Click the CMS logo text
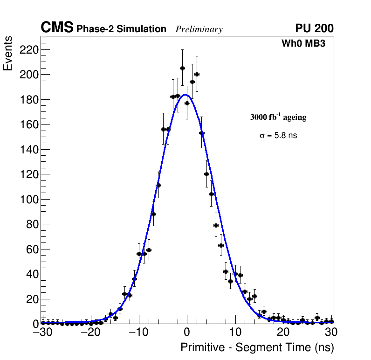(57, 28)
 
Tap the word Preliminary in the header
(199, 29)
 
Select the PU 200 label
(314, 28)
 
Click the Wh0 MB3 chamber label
(303, 44)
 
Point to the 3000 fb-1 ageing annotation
(278, 118)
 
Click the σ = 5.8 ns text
(278, 136)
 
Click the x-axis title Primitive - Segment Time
(257, 347)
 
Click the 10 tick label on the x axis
(235, 332)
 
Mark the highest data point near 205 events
(182, 68)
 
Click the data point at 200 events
(197, 74)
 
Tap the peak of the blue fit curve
(185, 95)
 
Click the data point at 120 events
(206, 174)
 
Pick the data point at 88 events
(153, 214)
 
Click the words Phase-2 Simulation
(121, 29)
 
